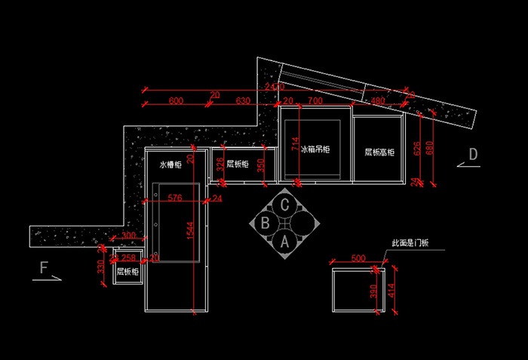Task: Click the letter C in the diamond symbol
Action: click(x=284, y=204)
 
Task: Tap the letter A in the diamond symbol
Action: click(x=284, y=242)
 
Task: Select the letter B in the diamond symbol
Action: click(x=265, y=223)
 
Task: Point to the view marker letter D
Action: click(x=473, y=154)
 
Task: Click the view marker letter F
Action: click(x=45, y=266)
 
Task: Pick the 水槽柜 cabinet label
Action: click(x=170, y=164)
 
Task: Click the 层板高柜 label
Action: click(x=380, y=152)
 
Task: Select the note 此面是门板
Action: click(x=410, y=243)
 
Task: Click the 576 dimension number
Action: click(x=175, y=198)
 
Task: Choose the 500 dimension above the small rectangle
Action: click(x=358, y=259)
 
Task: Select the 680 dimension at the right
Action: click(x=431, y=147)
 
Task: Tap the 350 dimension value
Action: click(x=261, y=165)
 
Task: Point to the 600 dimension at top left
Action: click(x=176, y=100)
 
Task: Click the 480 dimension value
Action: click(x=378, y=100)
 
